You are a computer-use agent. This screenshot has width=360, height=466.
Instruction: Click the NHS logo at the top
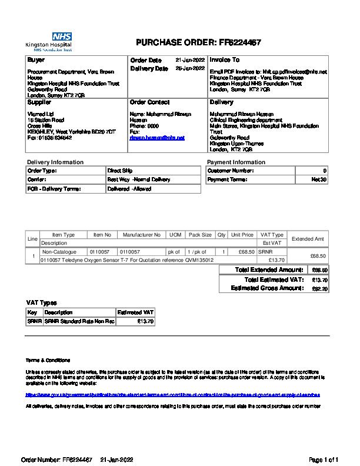point(62,36)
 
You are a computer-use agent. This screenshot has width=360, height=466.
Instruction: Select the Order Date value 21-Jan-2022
point(190,60)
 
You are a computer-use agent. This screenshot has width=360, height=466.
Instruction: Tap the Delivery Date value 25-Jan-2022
point(190,68)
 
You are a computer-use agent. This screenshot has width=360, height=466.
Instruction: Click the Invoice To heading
point(225,60)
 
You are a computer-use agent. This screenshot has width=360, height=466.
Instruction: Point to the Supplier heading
point(39,102)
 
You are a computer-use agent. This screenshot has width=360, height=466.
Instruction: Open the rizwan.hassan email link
point(157,137)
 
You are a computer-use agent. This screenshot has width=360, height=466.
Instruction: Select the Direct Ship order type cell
point(120,171)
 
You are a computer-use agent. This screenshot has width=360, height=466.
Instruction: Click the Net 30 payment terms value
point(319,179)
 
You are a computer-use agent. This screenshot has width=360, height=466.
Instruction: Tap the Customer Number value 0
point(325,171)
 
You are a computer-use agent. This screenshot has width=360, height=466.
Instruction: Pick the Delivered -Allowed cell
point(129,189)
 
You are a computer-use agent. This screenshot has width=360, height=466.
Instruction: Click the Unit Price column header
point(242,235)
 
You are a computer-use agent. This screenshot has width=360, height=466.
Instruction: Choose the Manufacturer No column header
point(141,235)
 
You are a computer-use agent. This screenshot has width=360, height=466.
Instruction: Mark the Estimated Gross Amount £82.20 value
point(319,289)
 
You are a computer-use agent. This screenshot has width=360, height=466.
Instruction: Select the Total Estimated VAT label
point(274,280)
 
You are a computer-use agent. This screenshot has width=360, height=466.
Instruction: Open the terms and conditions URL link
point(173,395)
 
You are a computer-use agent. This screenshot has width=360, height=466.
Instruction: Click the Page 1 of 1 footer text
point(324,459)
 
